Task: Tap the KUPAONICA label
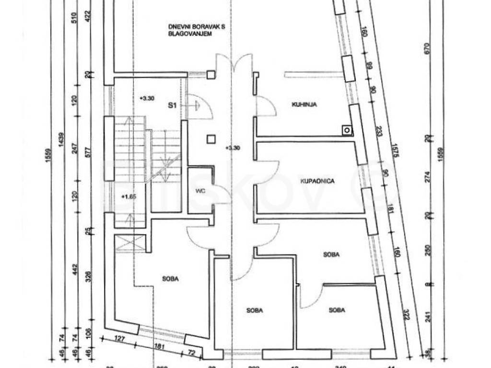[x=316, y=181]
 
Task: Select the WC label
[x=200, y=191]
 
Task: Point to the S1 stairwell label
[x=171, y=104]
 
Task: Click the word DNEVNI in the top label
[x=177, y=27]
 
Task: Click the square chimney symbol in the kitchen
[x=346, y=129]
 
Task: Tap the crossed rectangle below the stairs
[x=131, y=242]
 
